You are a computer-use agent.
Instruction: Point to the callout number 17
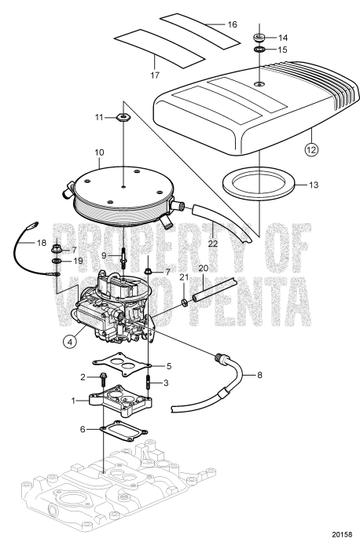click(x=156, y=75)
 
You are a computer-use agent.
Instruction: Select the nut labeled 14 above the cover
click(x=260, y=37)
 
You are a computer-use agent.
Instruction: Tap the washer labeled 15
click(x=260, y=51)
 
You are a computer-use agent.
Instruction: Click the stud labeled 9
click(x=124, y=256)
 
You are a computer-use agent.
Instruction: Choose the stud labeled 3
click(x=148, y=383)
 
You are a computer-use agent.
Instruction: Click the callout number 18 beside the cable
click(x=19, y=244)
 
